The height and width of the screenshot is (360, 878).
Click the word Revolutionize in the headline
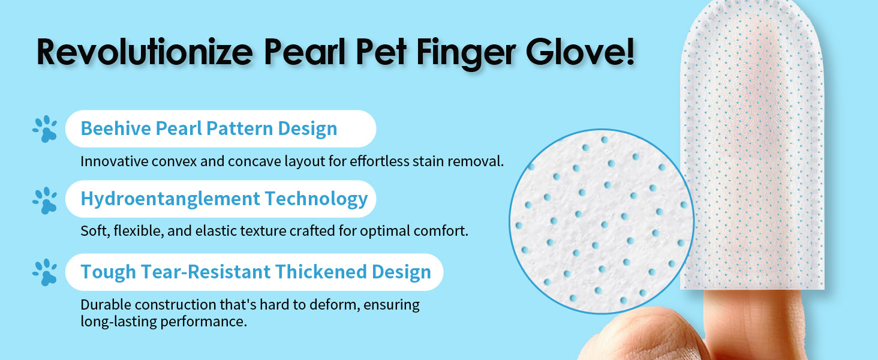pos(145,52)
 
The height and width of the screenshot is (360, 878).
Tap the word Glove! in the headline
pos(580,52)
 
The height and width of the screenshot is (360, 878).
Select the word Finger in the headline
pos(465,54)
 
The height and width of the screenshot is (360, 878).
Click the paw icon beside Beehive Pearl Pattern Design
pos(45,129)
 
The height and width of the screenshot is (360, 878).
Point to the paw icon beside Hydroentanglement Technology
pos(45,200)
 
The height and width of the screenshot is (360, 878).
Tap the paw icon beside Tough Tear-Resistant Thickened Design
pos(45,272)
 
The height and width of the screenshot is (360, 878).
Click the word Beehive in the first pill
pos(116,128)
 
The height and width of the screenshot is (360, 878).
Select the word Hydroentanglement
pos(170,199)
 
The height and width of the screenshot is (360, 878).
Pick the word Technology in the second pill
pos(316,199)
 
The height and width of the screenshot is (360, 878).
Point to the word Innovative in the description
pos(114,161)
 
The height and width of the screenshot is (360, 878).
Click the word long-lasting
pos(118,322)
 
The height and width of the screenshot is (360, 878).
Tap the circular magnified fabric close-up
pos(602,221)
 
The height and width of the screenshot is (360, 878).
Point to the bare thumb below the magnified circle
pos(643,337)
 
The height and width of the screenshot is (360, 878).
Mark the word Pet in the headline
pos(381,52)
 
